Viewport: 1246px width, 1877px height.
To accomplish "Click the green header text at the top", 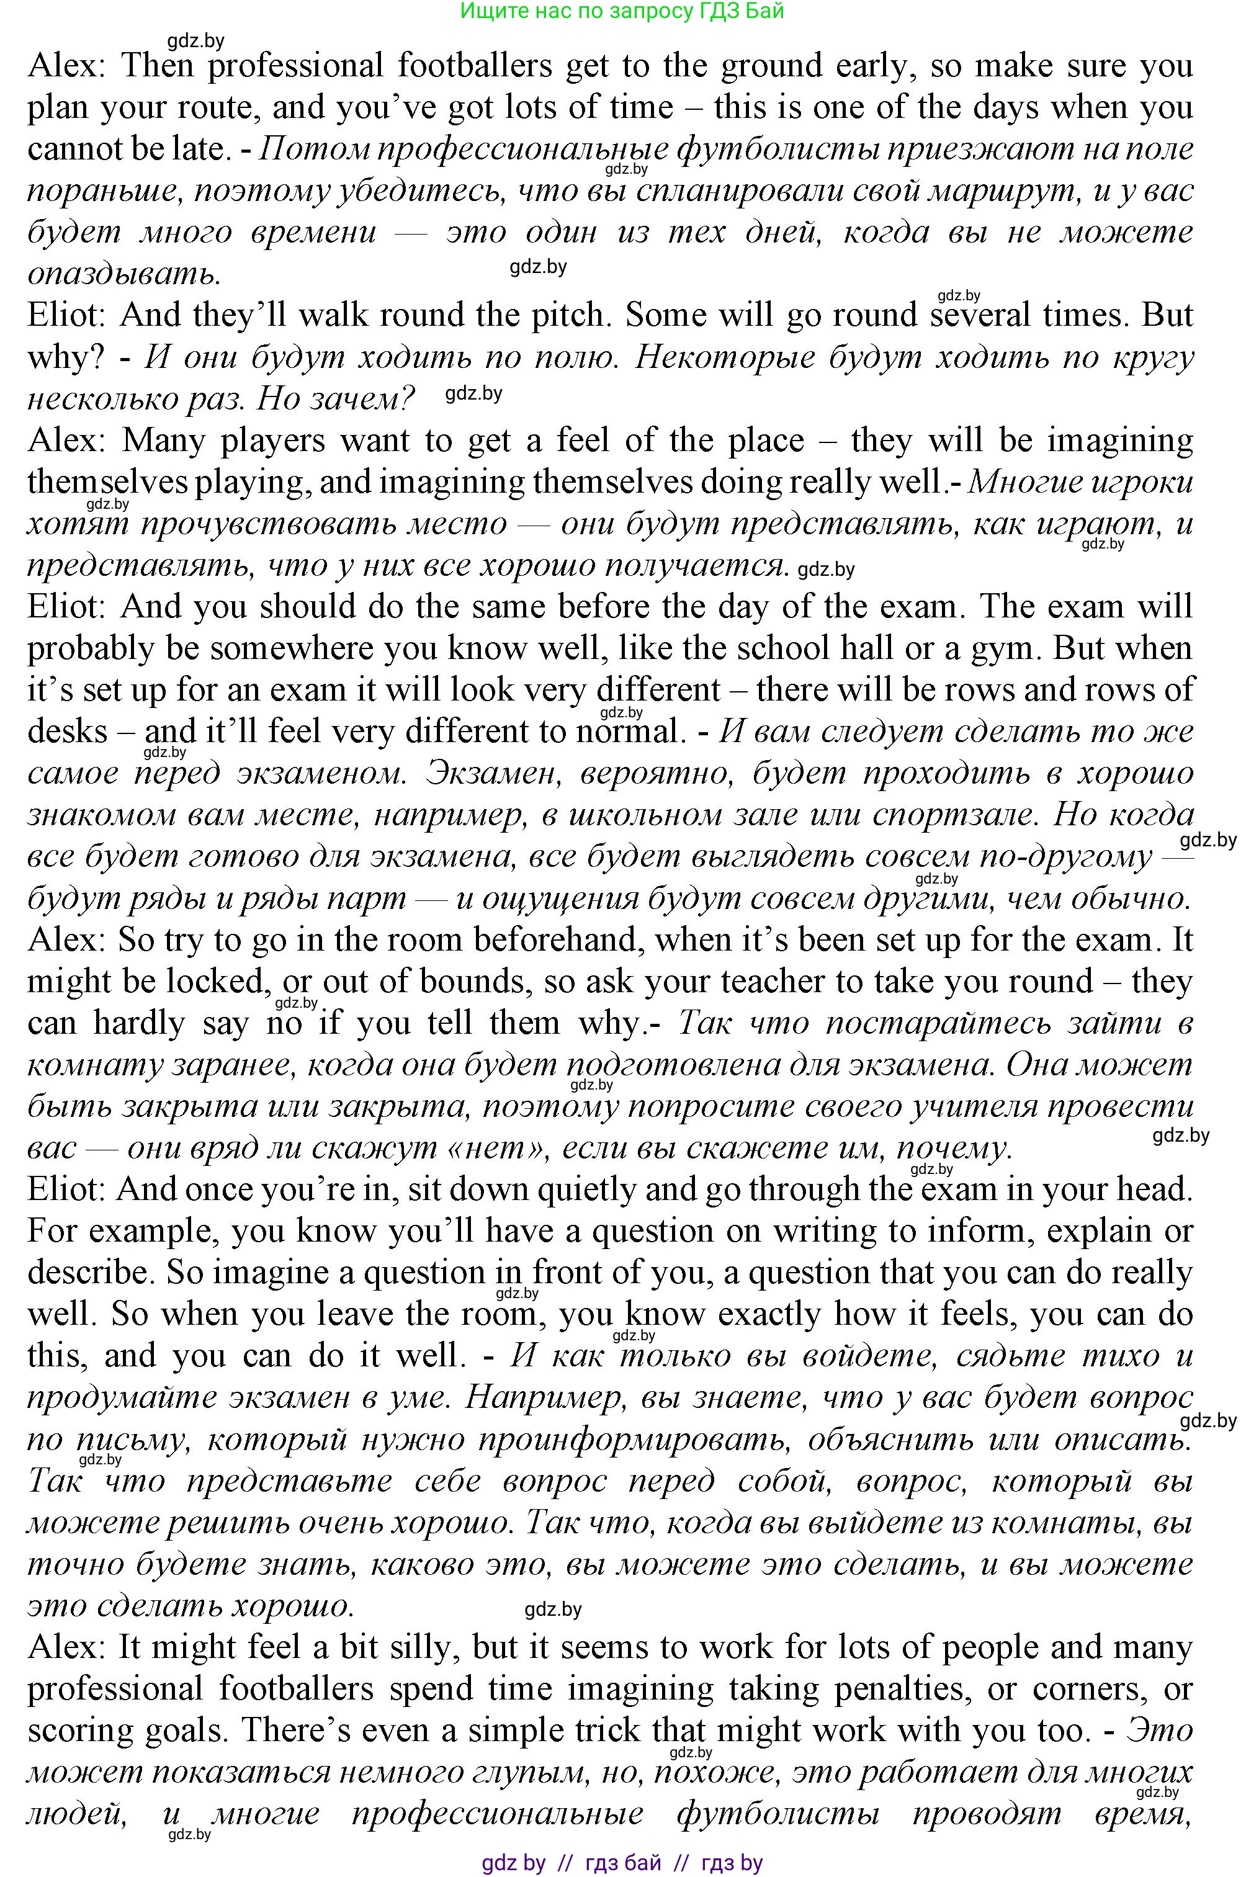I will tap(622, 11).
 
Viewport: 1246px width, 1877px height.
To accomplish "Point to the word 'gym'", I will tap(1005, 648).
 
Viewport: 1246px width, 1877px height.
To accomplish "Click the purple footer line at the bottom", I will tap(622, 1862).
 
